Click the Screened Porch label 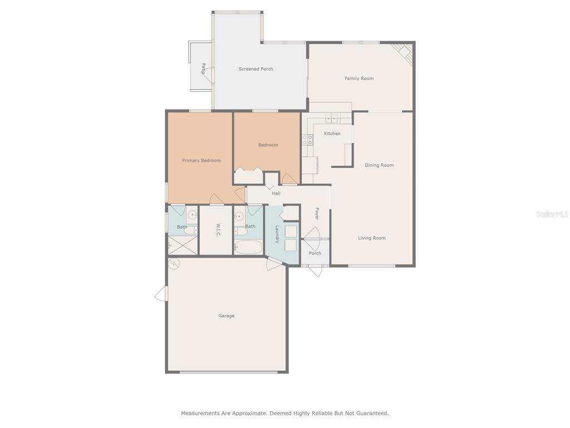[x=255, y=69]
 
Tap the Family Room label [x=359, y=78]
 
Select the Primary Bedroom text [x=202, y=160]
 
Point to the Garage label [x=226, y=315]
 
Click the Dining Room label [x=379, y=165]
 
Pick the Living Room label [x=372, y=238]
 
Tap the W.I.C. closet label [x=218, y=230]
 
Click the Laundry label [x=277, y=235]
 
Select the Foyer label [x=317, y=213]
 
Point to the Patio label [x=203, y=69]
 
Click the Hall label [x=276, y=193]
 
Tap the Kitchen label [x=332, y=134]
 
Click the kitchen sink [x=331, y=119]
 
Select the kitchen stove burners [x=307, y=140]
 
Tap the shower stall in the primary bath [x=183, y=245]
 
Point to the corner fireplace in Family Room [x=404, y=53]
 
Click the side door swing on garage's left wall [x=161, y=294]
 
